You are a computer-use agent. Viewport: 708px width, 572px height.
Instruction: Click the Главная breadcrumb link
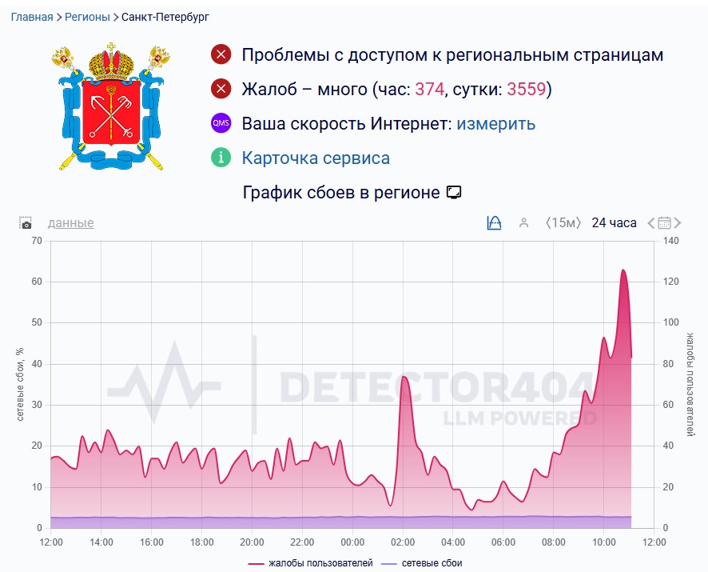pyautogui.click(x=32, y=17)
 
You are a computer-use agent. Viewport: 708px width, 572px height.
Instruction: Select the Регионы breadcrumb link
pyautogui.click(x=87, y=17)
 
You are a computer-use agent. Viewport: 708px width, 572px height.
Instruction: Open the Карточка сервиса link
pyautogui.click(x=316, y=158)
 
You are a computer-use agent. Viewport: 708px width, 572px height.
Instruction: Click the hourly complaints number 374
pyautogui.click(x=429, y=90)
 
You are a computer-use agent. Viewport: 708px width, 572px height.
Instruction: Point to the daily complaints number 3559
pyautogui.click(x=526, y=90)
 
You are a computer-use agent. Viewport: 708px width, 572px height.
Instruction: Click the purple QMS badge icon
pyautogui.click(x=221, y=124)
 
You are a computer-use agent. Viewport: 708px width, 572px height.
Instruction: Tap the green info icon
pyautogui.click(x=221, y=158)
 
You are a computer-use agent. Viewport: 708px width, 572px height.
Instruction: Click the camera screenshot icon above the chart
pyautogui.click(x=26, y=223)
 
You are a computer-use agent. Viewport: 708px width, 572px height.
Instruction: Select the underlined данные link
pyautogui.click(x=70, y=223)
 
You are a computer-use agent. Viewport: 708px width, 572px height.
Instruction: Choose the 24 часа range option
pyautogui.click(x=614, y=223)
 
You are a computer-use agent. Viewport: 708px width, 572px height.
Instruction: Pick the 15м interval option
pyautogui.click(x=563, y=223)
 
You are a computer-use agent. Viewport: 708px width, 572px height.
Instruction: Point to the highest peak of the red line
pyautogui.click(x=622, y=270)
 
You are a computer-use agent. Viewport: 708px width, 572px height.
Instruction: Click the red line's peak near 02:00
pyautogui.click(x=404, y=377)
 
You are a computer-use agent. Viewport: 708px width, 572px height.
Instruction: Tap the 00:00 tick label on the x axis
pyautogui.click(x=352, y=542)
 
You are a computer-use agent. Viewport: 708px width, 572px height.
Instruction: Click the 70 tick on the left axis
pyautogui.click(x=36, y=241)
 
